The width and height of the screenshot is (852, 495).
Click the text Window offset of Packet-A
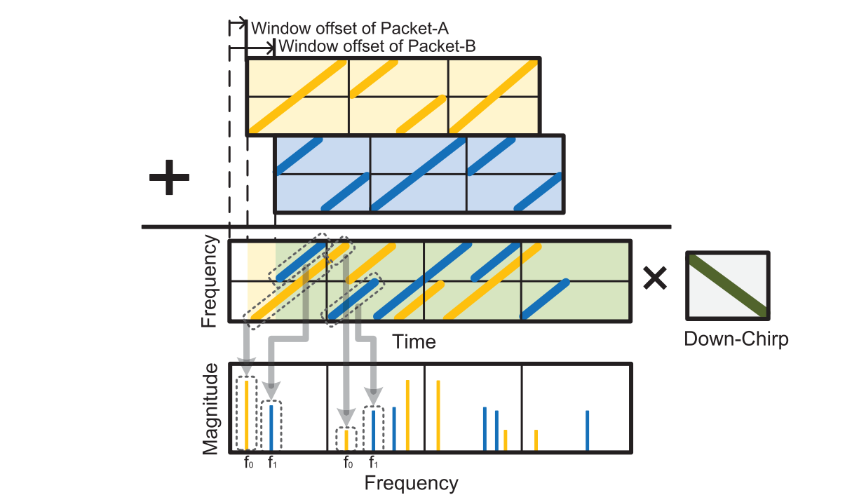pos(349,29)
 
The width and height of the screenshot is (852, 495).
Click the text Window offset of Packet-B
pos(377,47)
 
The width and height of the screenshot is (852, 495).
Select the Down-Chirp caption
pos(736,339)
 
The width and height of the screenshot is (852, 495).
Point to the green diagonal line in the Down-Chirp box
pos(728,285)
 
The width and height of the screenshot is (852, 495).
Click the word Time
pos(414,341)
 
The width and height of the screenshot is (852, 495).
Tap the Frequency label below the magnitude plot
pos(411,483)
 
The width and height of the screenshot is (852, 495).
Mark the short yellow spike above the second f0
pos(346,440)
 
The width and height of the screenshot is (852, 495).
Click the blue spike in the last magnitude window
pos(587,430)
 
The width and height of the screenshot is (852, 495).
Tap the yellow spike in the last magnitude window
pos(536,440)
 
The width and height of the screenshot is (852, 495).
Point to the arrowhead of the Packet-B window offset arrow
pos(273,50)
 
